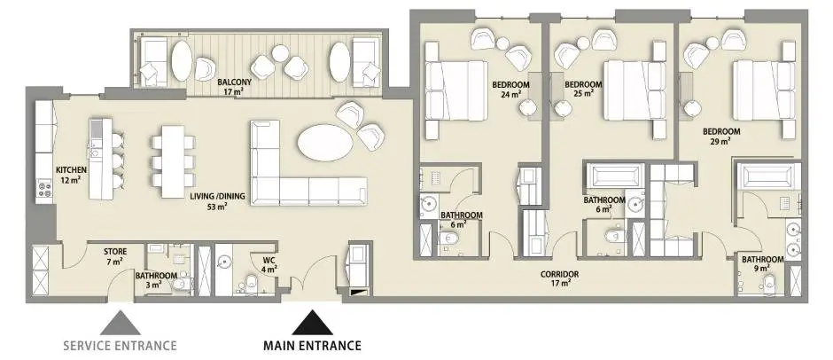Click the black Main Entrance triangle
[x=312, y=322]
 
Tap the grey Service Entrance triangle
[x=120, y=322]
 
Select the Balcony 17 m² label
[x=234, y=87]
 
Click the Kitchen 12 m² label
[x=71, y=175]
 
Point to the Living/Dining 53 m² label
[x=218, y=201]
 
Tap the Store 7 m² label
[x=114, y=255]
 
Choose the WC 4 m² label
[x=270, y=265]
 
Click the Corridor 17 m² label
[x=559, y=278]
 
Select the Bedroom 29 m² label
[x=721, y=137]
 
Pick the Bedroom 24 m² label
[x=510, y=89]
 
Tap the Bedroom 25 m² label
[x=583, y=89]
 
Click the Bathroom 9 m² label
[x=763, y=263]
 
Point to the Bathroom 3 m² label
[x=156, y=280]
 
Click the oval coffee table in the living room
[x=325, y=143]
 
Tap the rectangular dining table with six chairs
[x=173, y=161]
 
